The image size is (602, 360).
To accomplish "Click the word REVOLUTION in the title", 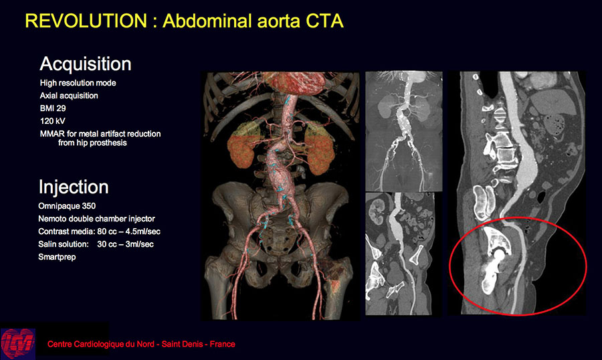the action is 86,21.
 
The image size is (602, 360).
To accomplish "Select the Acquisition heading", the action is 85,64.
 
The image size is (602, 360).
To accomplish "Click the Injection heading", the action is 74,187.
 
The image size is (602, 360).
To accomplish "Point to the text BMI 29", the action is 53,108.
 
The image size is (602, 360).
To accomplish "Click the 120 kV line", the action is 53,121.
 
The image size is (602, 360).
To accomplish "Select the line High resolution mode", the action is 78,83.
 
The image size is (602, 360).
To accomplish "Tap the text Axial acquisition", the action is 69,96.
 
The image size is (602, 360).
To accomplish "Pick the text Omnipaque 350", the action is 67,206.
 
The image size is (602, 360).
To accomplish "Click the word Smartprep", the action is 57,257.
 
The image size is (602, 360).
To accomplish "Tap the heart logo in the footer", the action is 18,343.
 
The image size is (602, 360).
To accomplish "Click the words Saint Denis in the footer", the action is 182,344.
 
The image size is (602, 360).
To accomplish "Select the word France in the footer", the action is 222,344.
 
